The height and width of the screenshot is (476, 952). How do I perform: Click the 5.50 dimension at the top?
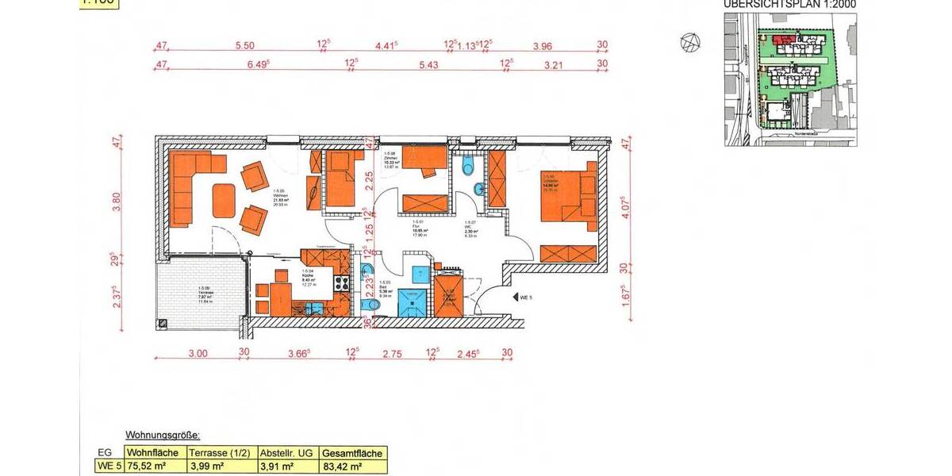(244, 45)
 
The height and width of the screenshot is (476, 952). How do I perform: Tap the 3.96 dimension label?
(543, 45)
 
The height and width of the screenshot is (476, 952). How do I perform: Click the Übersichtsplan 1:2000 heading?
(789, 4)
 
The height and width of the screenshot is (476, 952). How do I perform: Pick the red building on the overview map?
(783, 38)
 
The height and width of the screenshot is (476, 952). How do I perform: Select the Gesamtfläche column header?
(352, 453)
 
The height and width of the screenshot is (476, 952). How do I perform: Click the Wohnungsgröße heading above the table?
(163, 436)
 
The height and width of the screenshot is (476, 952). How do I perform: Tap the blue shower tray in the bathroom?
(411, 301)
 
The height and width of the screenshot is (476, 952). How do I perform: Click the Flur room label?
(414, 229)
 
